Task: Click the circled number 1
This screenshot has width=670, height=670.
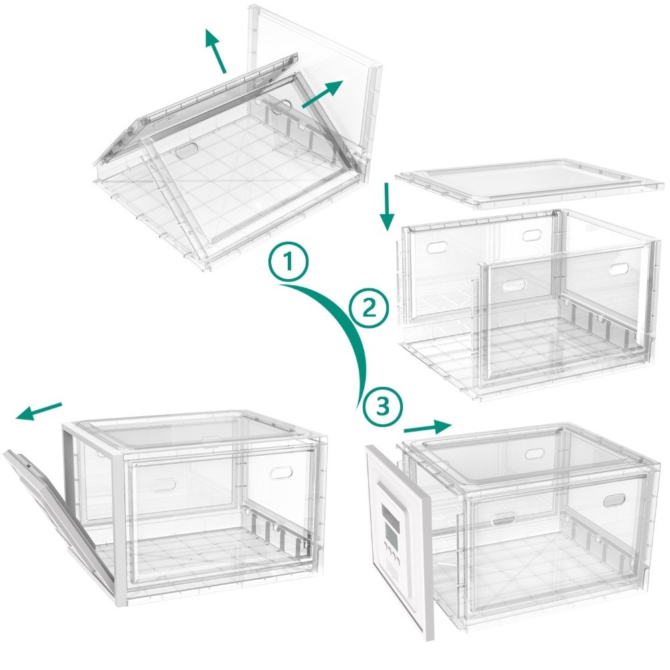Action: (289, 261)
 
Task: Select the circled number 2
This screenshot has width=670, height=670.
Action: (369, 308)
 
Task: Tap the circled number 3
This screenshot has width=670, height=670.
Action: (382, 407)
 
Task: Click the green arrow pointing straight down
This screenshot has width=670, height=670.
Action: (388, 207)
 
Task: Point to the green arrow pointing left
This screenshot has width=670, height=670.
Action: (39, 411)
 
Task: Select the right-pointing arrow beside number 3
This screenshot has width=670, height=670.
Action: (428, 427)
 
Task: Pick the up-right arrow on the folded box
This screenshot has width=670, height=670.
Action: (323, 94)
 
